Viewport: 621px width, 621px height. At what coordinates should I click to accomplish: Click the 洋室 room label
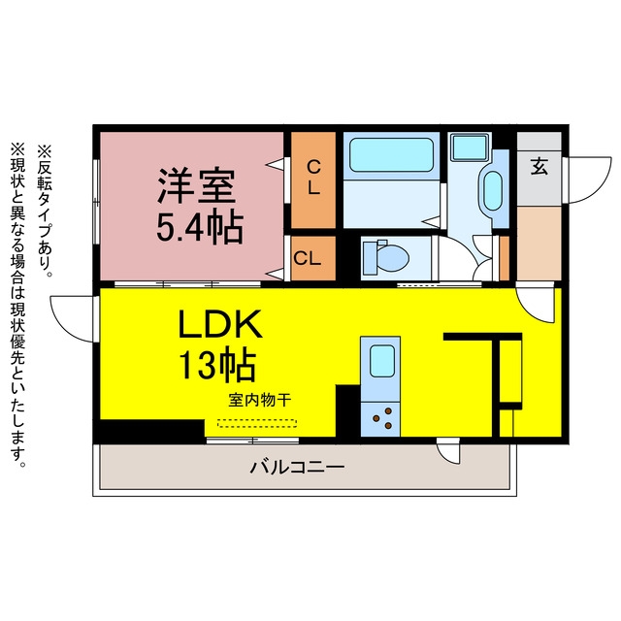[196, 185]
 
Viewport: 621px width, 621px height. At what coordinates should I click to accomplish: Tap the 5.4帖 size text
[200, 228]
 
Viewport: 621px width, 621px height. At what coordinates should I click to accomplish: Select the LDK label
[220, 325]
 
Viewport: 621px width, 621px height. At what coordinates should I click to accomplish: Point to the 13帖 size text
[217, 364]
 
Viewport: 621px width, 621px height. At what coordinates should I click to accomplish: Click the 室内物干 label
[260, 400]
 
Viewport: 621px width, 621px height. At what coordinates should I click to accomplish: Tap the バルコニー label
[297, 468]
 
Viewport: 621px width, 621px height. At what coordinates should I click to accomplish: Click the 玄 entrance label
[539, 166]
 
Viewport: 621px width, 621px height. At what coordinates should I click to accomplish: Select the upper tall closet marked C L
[313, 180]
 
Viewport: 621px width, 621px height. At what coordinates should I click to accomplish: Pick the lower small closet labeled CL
[313, 258]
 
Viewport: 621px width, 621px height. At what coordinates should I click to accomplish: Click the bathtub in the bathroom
[391, 155]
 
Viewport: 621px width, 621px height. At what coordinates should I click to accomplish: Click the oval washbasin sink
[493, 190]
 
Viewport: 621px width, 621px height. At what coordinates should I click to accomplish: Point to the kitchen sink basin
[382, 361]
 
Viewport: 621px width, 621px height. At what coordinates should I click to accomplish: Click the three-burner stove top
[380, 419]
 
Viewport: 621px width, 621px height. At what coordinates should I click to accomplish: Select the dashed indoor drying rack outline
[257, 423]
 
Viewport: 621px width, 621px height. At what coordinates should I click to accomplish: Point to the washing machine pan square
[470, 147]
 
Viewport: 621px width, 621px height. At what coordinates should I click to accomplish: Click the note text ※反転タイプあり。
[45, 211]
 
